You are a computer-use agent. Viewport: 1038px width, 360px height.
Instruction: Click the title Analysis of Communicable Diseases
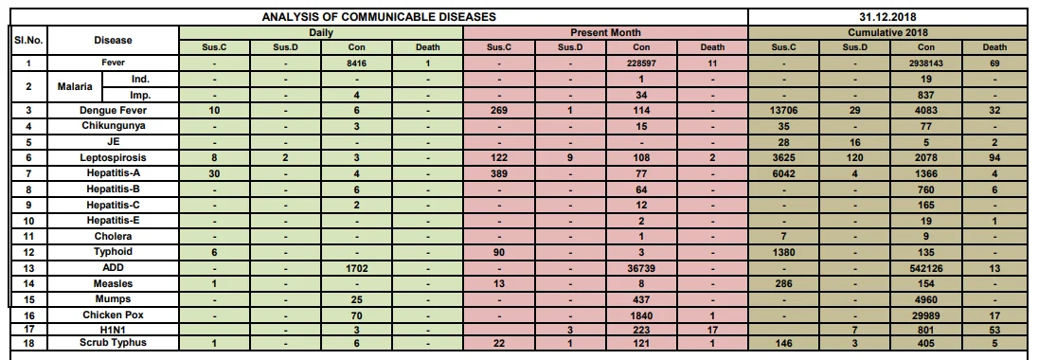(x=379, y=17)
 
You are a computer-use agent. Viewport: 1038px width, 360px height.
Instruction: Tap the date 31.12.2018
(x=888, y=17)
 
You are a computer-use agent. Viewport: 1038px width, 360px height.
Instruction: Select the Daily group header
(x=320, y=32)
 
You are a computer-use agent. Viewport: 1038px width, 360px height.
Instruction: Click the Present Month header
(x=606, y=32)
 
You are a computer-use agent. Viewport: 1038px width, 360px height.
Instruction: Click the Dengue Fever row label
(x=114, y=111)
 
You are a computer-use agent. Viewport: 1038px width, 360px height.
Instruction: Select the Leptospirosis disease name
(x=114, y=158)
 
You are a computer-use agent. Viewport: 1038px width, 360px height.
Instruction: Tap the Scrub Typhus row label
(x=114, y=342)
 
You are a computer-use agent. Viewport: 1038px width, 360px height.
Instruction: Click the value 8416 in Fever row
(x=356, y=63)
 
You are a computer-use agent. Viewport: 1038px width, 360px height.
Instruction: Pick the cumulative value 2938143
(x=926, y=63)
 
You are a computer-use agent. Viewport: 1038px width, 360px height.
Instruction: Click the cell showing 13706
(x=784, y=111)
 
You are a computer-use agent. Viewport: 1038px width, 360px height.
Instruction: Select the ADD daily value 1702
(x=356, y=268)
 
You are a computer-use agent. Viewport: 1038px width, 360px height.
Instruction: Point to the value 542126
(x=926, y=268)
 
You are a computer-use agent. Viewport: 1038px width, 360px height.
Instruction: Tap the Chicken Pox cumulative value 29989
(x=926, y=315)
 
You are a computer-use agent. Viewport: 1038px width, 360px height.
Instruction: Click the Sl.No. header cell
(x=28, y=40)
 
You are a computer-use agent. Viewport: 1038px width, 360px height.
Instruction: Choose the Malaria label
(x=75, y=87)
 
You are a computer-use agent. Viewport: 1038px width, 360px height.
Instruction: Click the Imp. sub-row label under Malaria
(x=140, y=95)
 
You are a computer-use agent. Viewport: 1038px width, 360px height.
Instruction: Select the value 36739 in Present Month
(x=641, y=268)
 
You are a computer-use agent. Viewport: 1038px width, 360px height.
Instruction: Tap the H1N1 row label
(x=114, y=328)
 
